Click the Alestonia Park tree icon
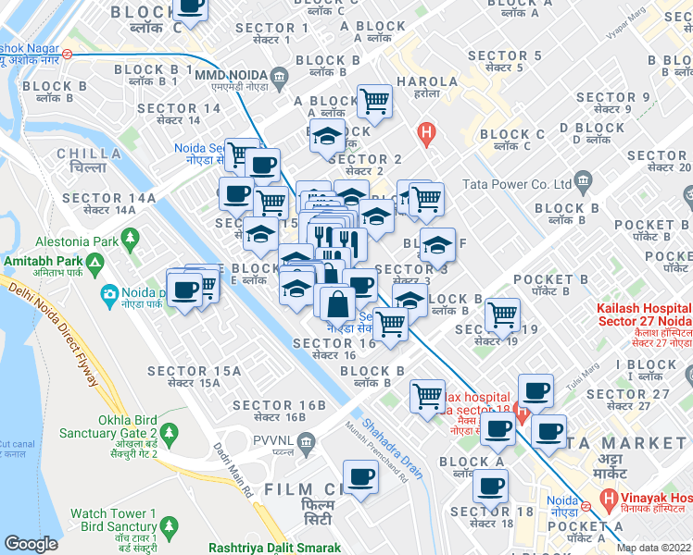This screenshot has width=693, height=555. click(130, 240)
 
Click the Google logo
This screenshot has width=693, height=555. click(31, 544)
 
